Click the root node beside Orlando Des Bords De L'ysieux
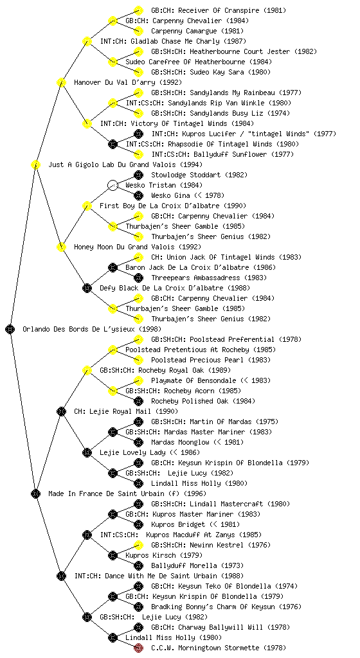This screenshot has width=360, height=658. (10, 329)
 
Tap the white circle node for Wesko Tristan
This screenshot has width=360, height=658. (113, 185)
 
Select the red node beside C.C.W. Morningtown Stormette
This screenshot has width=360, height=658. (138, 648)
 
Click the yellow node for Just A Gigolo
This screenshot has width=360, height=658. (35, 164)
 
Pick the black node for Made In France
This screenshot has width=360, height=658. (35, 493)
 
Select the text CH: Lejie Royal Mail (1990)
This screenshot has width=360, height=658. (126, 411)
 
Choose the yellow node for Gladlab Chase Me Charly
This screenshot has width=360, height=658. (87, 41)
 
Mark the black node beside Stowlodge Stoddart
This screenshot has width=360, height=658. (138, 175)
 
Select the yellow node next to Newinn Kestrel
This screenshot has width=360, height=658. (138, 545)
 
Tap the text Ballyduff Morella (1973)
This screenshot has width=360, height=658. (192, 565)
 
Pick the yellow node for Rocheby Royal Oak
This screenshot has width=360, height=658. (87, 370)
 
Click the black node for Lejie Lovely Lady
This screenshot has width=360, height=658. (87, 452)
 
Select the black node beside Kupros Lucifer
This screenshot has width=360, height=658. (138, 134)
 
